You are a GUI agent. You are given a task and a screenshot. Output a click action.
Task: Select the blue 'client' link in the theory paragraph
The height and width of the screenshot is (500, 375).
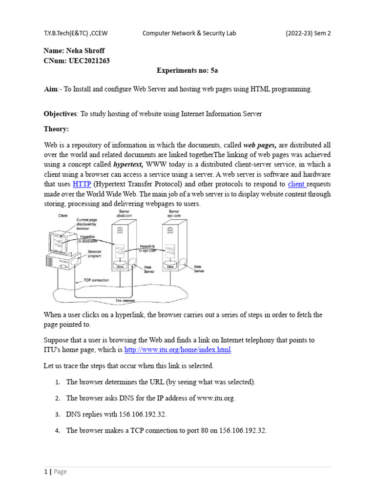297,184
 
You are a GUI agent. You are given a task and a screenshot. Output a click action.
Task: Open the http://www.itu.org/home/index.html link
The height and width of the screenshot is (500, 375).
178,350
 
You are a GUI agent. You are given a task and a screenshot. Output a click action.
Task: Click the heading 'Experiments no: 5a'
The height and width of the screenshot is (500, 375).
187,70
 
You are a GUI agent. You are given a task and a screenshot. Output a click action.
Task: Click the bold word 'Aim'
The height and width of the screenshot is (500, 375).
51,89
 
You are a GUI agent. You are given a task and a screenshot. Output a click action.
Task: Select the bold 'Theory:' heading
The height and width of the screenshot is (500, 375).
57,129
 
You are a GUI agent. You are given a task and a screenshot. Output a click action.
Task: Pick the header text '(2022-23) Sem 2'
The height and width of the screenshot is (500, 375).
308,33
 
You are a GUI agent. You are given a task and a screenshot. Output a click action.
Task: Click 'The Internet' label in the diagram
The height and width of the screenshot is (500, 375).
125,300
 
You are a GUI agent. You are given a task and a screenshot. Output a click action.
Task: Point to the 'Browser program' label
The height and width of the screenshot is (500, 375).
95,254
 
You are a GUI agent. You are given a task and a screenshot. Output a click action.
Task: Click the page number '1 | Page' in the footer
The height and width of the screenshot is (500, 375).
55,471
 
